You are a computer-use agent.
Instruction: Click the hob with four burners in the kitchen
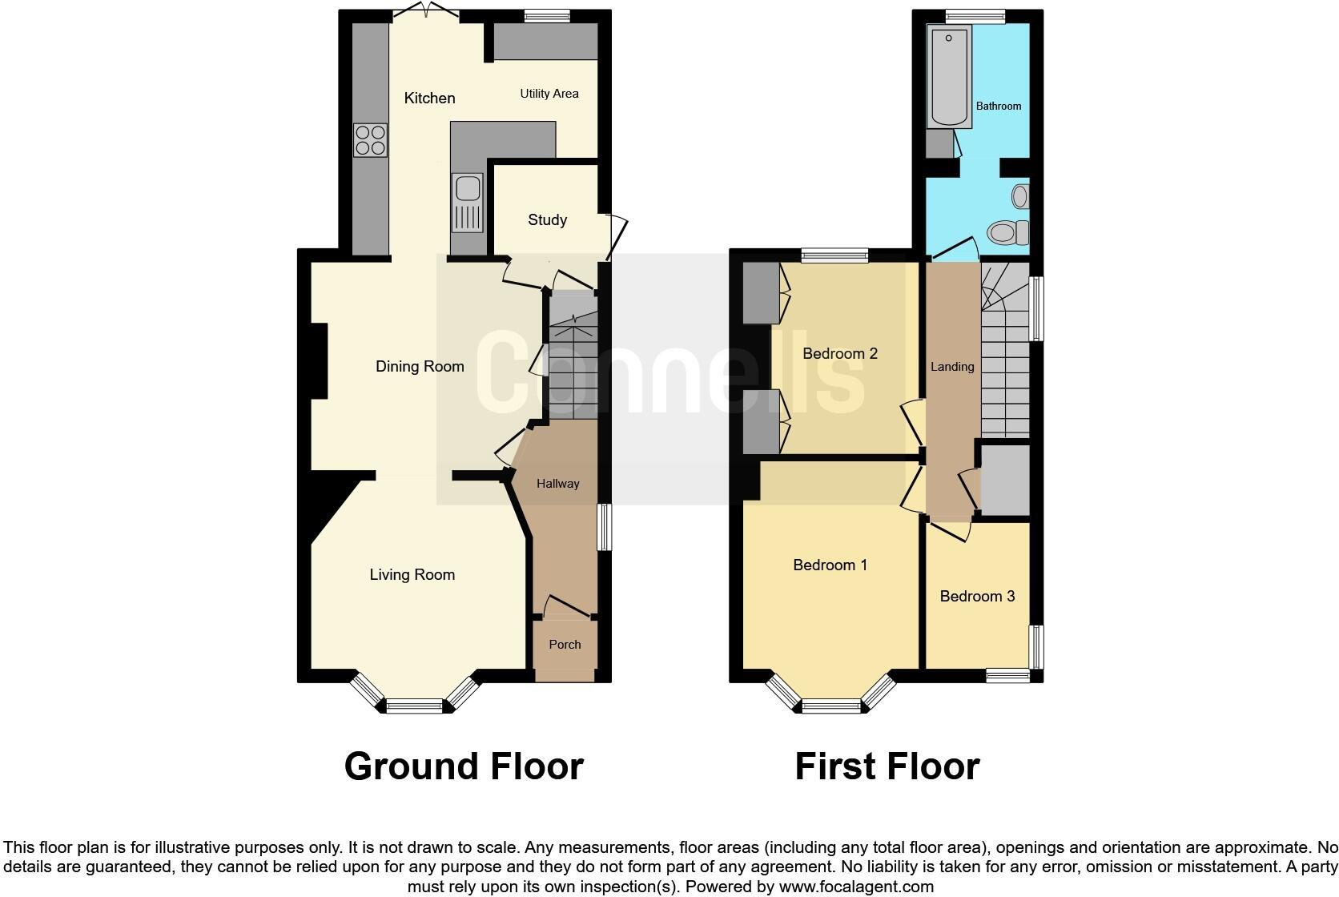click(x=370, y=140)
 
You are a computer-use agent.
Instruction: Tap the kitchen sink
click(x=468, y=203)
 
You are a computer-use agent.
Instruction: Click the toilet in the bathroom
click(x=1007, y=233)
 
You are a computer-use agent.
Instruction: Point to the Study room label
click(x=547, y=219)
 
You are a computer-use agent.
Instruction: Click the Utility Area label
click(x=549, y=94)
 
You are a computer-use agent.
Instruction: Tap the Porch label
click(x=565, y=644)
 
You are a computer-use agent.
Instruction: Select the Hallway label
click(x=557, y=484)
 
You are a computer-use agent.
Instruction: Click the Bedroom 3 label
click(x=977, y=596)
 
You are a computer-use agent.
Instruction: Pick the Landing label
click(x=952, y=367)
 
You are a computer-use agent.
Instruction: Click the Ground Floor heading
click(x=464, y=766)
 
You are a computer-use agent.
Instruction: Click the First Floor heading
click(x=887, y=766)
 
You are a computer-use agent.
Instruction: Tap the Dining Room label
click(x=420, y=367)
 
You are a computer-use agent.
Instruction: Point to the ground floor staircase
click(x=573, y=360)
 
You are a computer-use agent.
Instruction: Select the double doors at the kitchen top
click(x=425, y=11)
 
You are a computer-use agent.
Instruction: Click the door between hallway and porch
click(x=567, y=607)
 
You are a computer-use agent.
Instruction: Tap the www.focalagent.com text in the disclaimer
click(x=855, y=887)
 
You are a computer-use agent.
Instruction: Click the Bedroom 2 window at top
click(x=835, y=255)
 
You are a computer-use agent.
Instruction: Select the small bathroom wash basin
click(x=1020, y=195)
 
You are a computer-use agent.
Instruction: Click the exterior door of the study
click(x=615, y=237)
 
